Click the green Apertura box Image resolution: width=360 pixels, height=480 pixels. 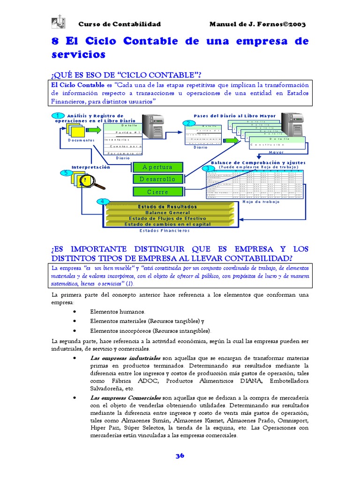(x=157, y=167)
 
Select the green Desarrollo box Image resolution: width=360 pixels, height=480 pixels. (x=157, y=179)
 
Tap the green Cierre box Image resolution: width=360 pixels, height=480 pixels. (x=157, y=192)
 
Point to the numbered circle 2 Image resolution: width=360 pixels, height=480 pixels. (x=188, y=123)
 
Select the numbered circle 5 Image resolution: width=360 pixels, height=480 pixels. (x=66, y=172)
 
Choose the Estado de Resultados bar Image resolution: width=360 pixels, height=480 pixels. (x=167, y=207)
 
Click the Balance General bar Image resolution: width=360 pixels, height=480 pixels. (x=167, y=212)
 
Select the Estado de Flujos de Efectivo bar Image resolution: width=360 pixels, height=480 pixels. (x=167, y=218)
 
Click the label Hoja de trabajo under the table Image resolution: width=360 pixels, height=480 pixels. (x=262, y=202)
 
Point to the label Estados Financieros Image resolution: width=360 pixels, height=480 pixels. (x=165, y=231)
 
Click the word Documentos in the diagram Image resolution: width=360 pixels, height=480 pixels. (x=81, y=140)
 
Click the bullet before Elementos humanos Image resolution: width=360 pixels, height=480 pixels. (x=76, y=312)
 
